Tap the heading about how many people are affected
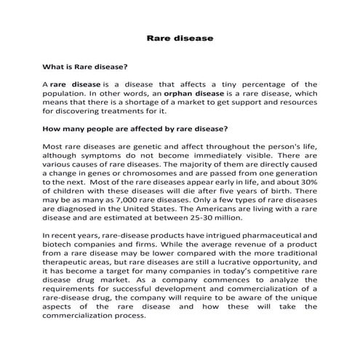point(136,129)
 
